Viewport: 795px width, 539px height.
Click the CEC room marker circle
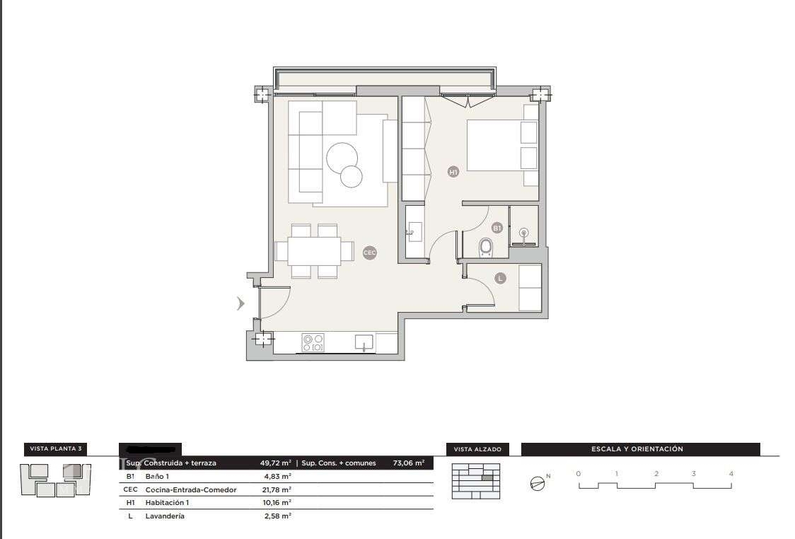click(369, 253)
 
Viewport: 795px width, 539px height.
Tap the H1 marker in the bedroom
click(453, 171)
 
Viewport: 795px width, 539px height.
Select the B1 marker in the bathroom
click(497, 228)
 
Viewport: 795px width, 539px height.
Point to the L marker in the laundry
click(500, 279)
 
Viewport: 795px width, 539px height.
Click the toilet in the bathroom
click(486, 247)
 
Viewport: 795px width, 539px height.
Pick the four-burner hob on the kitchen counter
click(313, 343)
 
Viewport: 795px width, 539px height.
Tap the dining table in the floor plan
click(314, 250)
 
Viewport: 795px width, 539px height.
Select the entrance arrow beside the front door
click(240, 304)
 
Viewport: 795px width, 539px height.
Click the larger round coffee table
click(342, 157)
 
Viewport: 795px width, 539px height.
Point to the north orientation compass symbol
click(538, 484)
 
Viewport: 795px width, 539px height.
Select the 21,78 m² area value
click(277, 489)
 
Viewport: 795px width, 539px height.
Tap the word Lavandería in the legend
click(165, 516)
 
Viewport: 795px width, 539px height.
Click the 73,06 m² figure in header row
click(408, 463)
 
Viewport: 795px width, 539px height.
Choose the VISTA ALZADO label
click(477, 449)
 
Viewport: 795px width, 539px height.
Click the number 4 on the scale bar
click(731, 473)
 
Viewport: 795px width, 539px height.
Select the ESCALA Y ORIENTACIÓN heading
click(637, 449)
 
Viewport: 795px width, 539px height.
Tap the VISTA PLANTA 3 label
click(56, 449)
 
